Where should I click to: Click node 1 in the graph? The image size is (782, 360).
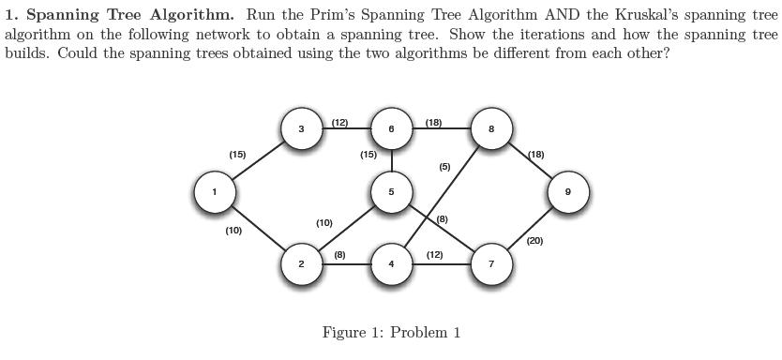[214, 192]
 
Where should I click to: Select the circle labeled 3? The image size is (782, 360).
[301, 129]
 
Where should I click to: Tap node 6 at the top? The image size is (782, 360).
[391, 129]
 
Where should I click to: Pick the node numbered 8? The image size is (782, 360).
[491, 129]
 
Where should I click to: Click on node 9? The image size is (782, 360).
[567, 192]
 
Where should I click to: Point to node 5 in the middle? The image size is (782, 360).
[391, 192]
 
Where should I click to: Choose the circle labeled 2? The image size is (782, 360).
[301, 264]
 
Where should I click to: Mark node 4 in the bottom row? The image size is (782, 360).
[391, 264]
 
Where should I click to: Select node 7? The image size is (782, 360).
[491, 264]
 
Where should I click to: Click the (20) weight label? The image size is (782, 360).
[534, 241]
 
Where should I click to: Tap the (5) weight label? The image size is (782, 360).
[444, 167]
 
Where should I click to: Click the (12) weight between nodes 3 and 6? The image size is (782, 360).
[339, 123]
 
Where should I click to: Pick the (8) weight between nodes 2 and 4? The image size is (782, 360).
[339, 254]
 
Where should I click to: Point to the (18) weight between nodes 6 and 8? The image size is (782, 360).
[433, 123]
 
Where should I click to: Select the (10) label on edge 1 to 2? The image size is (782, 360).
[233, 230]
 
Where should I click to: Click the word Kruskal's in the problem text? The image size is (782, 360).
[654, 15]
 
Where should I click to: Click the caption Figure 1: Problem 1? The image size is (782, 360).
[391, 333]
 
